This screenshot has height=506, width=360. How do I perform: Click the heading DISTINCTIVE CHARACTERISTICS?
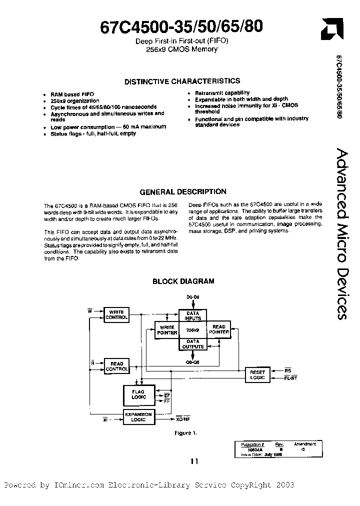(x=182, y=81)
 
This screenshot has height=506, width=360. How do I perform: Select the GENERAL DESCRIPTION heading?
(x=182, y=191)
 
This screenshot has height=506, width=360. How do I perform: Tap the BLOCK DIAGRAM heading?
(x=183, y=281)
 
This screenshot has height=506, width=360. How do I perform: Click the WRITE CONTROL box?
(x=116, y=314)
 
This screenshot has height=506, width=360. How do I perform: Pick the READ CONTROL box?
(x=116, y=365)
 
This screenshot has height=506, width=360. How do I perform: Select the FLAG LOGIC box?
(x=138, y=394)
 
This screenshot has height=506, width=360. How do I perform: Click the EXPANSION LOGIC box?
(x=138, y=417)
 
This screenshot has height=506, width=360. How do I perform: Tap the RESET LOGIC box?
(x=257, y=375)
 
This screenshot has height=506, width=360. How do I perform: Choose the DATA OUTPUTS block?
(x=192, y=344)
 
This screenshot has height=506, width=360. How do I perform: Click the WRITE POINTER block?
(x=166, y=330)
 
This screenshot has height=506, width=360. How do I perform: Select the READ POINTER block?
(x=218, y=330)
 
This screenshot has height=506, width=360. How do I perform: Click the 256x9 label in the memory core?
(x=192, y=330)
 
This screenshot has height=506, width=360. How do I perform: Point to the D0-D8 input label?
(x=192, y=297)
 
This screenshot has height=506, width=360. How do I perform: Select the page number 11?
(x=194, y=461)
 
